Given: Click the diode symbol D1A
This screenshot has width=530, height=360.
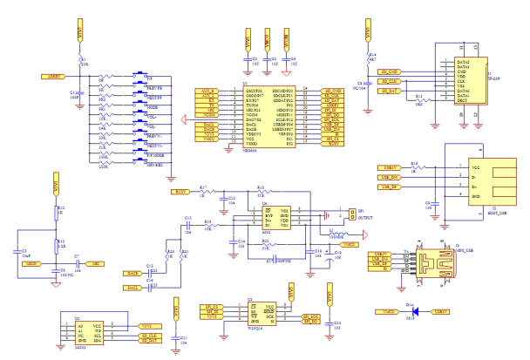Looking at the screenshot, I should (414, 311).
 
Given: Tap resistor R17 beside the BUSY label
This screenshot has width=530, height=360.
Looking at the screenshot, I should (203, 191).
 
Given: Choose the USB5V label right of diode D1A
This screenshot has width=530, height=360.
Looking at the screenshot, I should (442, 311).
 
